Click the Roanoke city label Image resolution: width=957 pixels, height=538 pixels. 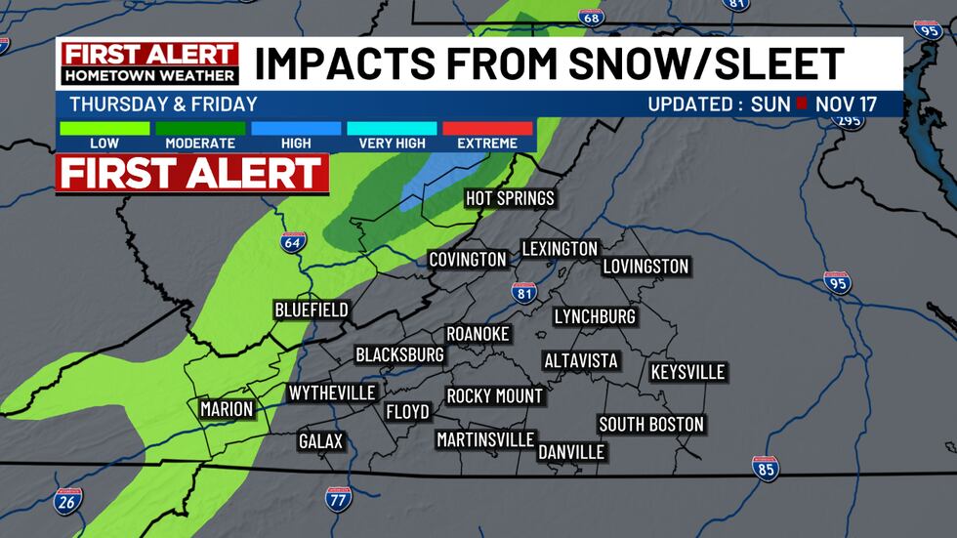point(478,334)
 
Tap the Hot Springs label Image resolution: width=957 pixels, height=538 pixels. point(509,199)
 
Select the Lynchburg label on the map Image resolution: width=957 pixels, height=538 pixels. point(595,316)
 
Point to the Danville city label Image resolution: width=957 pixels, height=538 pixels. point(571,452)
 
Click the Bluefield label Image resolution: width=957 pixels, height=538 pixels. point(311,310)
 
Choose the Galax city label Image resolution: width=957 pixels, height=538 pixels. point(320,442)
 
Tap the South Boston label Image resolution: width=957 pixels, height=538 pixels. point(651,425)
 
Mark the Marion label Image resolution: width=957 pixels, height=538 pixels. point(226,409)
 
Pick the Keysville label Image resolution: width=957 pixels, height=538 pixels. point(687,372)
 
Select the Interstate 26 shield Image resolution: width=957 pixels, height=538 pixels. point(68,500)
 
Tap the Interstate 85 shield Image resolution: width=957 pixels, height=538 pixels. point(766,468)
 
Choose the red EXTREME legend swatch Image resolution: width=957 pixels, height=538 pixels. point(487,128)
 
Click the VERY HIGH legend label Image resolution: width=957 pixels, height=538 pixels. point(392,144)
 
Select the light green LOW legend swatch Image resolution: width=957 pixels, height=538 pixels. point(104,128)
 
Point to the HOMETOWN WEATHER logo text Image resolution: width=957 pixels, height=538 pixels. point(149,75)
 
